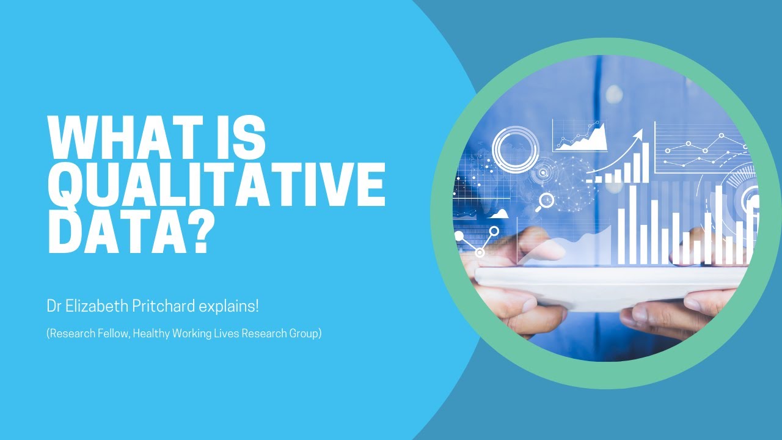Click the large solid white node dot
click(459, 235)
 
